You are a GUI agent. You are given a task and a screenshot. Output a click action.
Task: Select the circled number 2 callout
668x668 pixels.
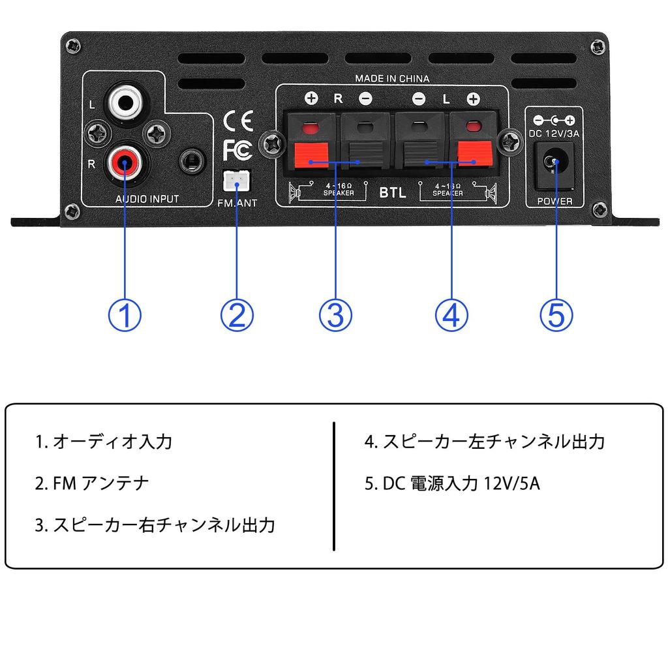coord(236,315)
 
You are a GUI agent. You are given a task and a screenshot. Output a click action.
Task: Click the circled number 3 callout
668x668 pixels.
coord(335,315)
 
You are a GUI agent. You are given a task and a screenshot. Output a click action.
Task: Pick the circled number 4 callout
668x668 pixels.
coord(451,315)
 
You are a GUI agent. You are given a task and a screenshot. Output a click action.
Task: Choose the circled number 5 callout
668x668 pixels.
coord(556,315)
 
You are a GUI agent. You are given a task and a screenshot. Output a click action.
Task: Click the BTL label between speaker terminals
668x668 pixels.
coord(393,194)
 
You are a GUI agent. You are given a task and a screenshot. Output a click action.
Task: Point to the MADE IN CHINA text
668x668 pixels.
coord(392,78)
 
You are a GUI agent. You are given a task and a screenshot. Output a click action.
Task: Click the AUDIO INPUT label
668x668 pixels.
coord(147,199)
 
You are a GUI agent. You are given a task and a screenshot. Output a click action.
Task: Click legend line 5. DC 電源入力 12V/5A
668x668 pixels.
coord(452,483)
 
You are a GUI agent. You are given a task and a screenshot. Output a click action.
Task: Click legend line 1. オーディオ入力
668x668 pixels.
coord(104,442)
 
